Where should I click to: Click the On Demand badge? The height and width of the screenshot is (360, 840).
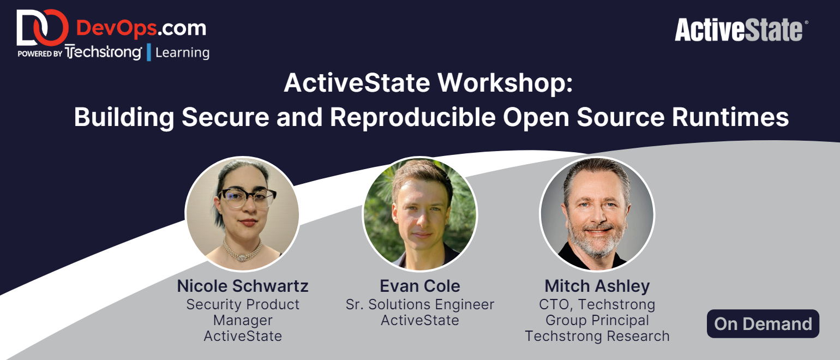[763, 323]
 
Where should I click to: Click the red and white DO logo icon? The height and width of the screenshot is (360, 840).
[42, 27]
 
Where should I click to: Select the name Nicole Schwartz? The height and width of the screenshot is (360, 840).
[243, 286]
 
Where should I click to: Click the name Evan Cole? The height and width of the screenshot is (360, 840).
[419, 286]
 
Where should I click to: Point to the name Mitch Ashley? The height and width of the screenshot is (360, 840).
[597, 286]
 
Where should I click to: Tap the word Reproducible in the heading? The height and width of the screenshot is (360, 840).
[412, 117]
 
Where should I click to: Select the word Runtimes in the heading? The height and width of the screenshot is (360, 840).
[730, 117]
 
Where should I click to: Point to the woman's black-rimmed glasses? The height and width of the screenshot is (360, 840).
[248, 197]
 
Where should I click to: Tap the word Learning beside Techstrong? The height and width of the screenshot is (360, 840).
[182, 52]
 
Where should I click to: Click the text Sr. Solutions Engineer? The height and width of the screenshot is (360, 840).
[419, 304]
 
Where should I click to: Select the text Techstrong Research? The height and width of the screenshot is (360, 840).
[597, 336]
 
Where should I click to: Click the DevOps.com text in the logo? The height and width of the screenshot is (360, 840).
[141, 28]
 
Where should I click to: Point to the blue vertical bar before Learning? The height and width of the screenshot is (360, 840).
[149, 52]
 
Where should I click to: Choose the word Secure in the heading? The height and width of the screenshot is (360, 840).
[225, 117]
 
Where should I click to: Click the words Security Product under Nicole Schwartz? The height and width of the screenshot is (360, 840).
[243, 304]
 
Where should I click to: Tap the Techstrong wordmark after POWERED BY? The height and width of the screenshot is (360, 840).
[103, 52]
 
